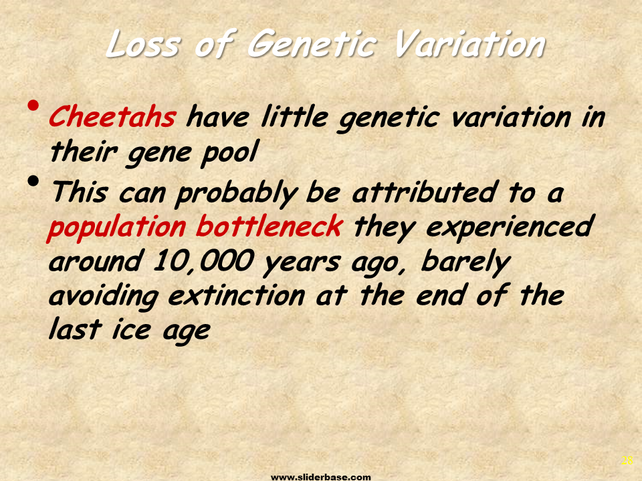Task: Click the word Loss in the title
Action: click(x=143, y=44)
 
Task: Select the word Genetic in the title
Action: click(x=311, y=44)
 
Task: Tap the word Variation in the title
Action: click(x=469, y=44)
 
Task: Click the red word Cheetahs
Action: click(x=112, y=116)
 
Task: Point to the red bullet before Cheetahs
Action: click(x=33, y=106)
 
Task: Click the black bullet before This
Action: click(x=33, y=180)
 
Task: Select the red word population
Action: click(x=116, y=227)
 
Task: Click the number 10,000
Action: click(x=203, y=261)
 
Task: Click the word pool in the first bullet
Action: click(x=229, y=153)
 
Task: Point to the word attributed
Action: click(x=424, y=192)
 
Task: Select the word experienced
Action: click(x=510, y=227)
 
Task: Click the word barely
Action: click(x=465, y=263)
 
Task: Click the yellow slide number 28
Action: click(x=627, y=460)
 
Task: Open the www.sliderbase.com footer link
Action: click(x=321, y=477)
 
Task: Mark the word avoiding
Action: click(x=104, y=296)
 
